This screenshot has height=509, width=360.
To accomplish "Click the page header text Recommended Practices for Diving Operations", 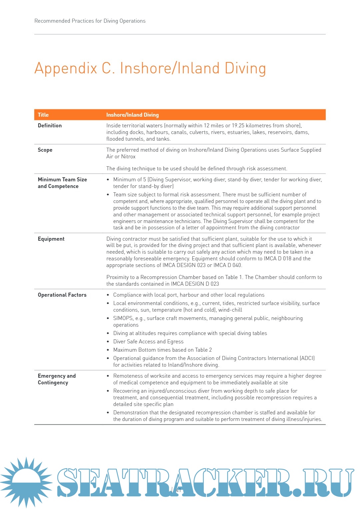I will [90, 21].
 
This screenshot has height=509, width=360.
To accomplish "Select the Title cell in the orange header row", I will [43, 115].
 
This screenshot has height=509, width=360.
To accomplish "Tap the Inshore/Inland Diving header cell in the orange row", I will [132, 115].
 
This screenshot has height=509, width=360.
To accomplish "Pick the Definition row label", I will [50, 126].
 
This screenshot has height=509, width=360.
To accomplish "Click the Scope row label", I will [45, 150].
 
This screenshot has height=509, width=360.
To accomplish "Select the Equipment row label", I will [51, 239].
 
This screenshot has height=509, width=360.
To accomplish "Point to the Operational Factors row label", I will [62, 295].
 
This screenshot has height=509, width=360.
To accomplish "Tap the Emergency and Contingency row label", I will [56, 379].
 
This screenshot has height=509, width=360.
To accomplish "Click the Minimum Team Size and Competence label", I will [62, 183].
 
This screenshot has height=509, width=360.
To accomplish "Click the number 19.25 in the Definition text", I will [238, 126].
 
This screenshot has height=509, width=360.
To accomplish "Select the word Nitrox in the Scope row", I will [128, 157].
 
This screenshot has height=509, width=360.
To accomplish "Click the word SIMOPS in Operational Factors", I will [123, 318].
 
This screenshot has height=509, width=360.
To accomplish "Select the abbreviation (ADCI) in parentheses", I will [307, 358].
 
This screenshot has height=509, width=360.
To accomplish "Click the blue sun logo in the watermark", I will [26, 481].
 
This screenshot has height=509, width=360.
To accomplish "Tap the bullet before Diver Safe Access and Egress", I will [108, 342].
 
